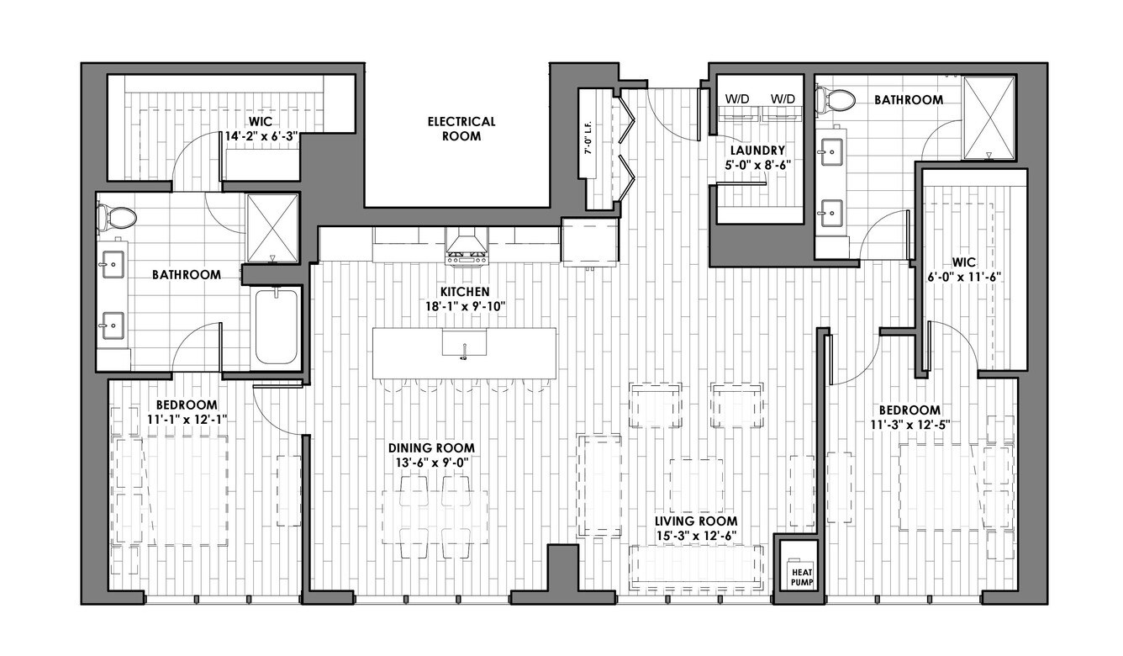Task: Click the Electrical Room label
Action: click(461, 129)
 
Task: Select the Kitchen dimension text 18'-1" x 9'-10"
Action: click(465, 306)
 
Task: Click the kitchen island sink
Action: click(464, 343)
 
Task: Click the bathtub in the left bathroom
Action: click(277, 326)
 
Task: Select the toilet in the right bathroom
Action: click(836, 100)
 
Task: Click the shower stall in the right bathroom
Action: click(989, 118)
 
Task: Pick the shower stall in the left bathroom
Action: click(272, 228)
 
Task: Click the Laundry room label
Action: click(757, 150)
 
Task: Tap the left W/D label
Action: click(737, 98)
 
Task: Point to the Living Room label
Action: click(696, 521)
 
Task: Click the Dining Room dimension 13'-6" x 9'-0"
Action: click(431, 462)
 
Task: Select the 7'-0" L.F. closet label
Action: click(588, 137)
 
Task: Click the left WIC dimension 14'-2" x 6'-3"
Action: click(261, 136)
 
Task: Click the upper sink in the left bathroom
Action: click(113, 264)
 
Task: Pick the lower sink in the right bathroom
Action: click(831, 213)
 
